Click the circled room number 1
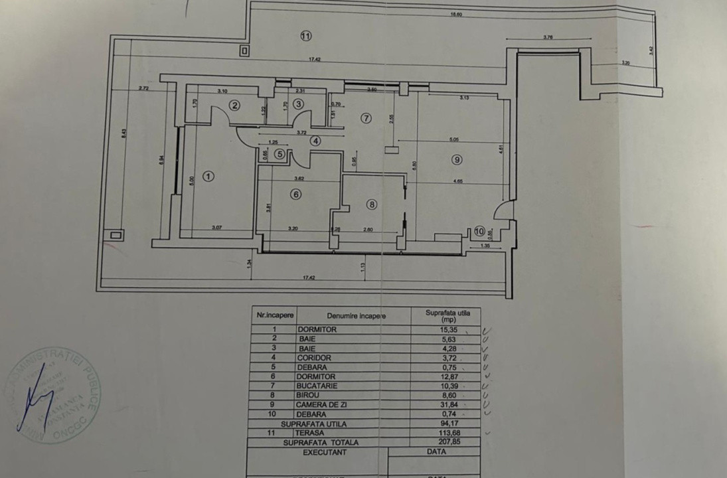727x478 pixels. (208, 177)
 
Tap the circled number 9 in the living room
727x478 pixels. (455, 159)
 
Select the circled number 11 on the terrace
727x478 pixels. (305, 36)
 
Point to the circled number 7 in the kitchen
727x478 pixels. (364, 118)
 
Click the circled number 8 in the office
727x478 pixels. (372, 205)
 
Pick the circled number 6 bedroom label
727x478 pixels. (296, 194)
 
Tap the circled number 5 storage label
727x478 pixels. (280, 155)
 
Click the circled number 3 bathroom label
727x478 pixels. (298, 104)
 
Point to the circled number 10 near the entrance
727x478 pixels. (479, 232)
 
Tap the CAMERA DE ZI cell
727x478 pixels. (336, 404)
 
